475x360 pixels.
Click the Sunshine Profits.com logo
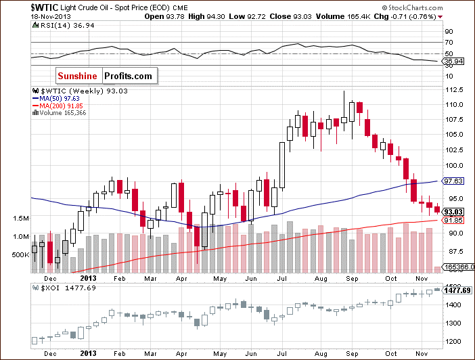(x=104, y=76)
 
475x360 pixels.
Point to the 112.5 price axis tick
(x=453, y=90)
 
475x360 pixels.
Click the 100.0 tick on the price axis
(x=453, y=166)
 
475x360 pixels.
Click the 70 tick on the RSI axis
(x=448, y=42)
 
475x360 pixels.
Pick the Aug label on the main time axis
(x=321, y=278)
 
